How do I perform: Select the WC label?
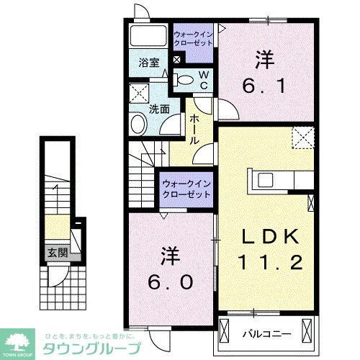point(204,79)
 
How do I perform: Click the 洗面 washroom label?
point(159,109)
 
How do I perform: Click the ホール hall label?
point(194,130)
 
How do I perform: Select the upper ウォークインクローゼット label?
point(194,37)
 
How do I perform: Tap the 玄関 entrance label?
point(57,252)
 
